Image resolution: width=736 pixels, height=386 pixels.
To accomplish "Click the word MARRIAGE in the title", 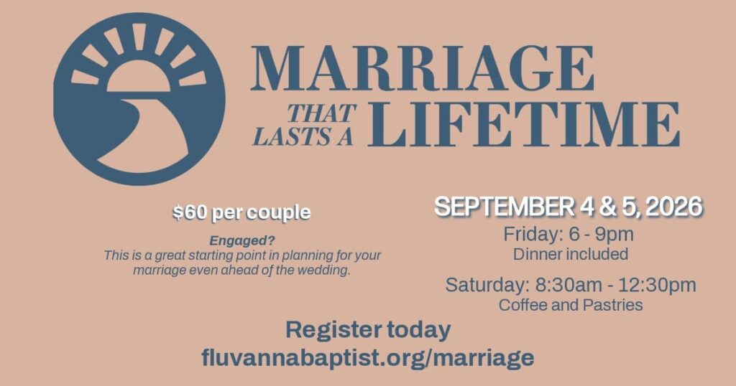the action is (423, 68).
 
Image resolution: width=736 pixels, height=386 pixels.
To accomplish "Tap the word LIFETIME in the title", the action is (524, 124).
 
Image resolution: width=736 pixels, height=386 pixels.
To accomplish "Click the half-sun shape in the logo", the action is (139, 77).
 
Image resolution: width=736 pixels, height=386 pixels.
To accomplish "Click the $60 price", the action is (190, 212).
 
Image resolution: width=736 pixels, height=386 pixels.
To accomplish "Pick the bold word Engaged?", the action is (242, 241).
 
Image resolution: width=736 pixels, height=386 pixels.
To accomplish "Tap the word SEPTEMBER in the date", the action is (504, 207).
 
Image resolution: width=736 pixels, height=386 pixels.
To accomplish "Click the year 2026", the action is (674, 207).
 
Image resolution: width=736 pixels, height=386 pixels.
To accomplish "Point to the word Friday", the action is (531, 234).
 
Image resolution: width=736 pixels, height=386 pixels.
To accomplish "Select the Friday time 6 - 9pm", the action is (601, 234).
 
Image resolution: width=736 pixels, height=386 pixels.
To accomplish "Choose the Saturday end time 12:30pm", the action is (657, 286).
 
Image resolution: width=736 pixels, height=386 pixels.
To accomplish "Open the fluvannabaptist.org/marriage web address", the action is (368, 358).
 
